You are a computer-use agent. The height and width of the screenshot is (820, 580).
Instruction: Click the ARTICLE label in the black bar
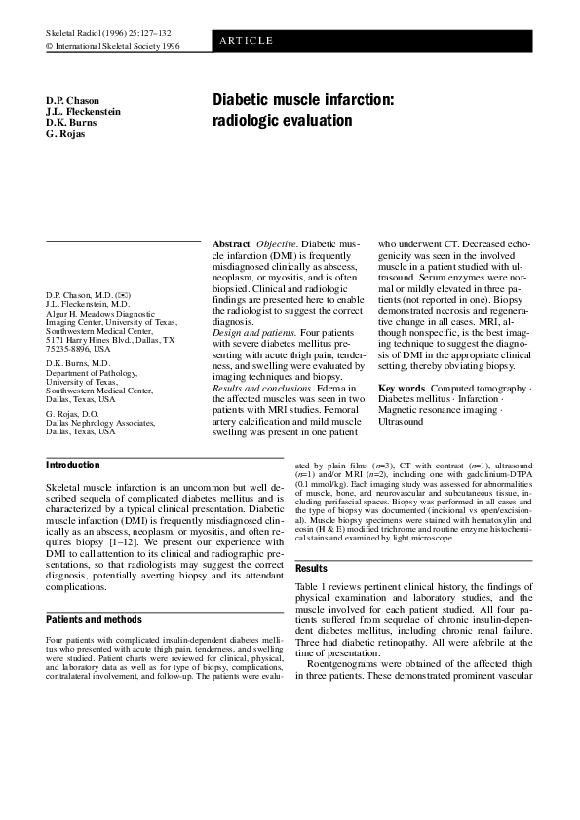point(246,40)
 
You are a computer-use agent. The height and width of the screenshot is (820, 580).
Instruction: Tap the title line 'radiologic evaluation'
point(281,121)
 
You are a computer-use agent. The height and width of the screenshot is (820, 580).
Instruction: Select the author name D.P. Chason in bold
point(72,101)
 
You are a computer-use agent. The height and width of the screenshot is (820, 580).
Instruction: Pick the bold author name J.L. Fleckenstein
point(84,112)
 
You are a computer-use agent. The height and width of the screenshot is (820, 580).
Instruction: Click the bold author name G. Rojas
point(65,133)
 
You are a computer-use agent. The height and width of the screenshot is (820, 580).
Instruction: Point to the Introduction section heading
point(73,466)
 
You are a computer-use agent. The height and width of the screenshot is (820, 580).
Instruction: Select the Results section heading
point(311,568)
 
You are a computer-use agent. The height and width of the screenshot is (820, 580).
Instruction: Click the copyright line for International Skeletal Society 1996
point(113,45)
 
